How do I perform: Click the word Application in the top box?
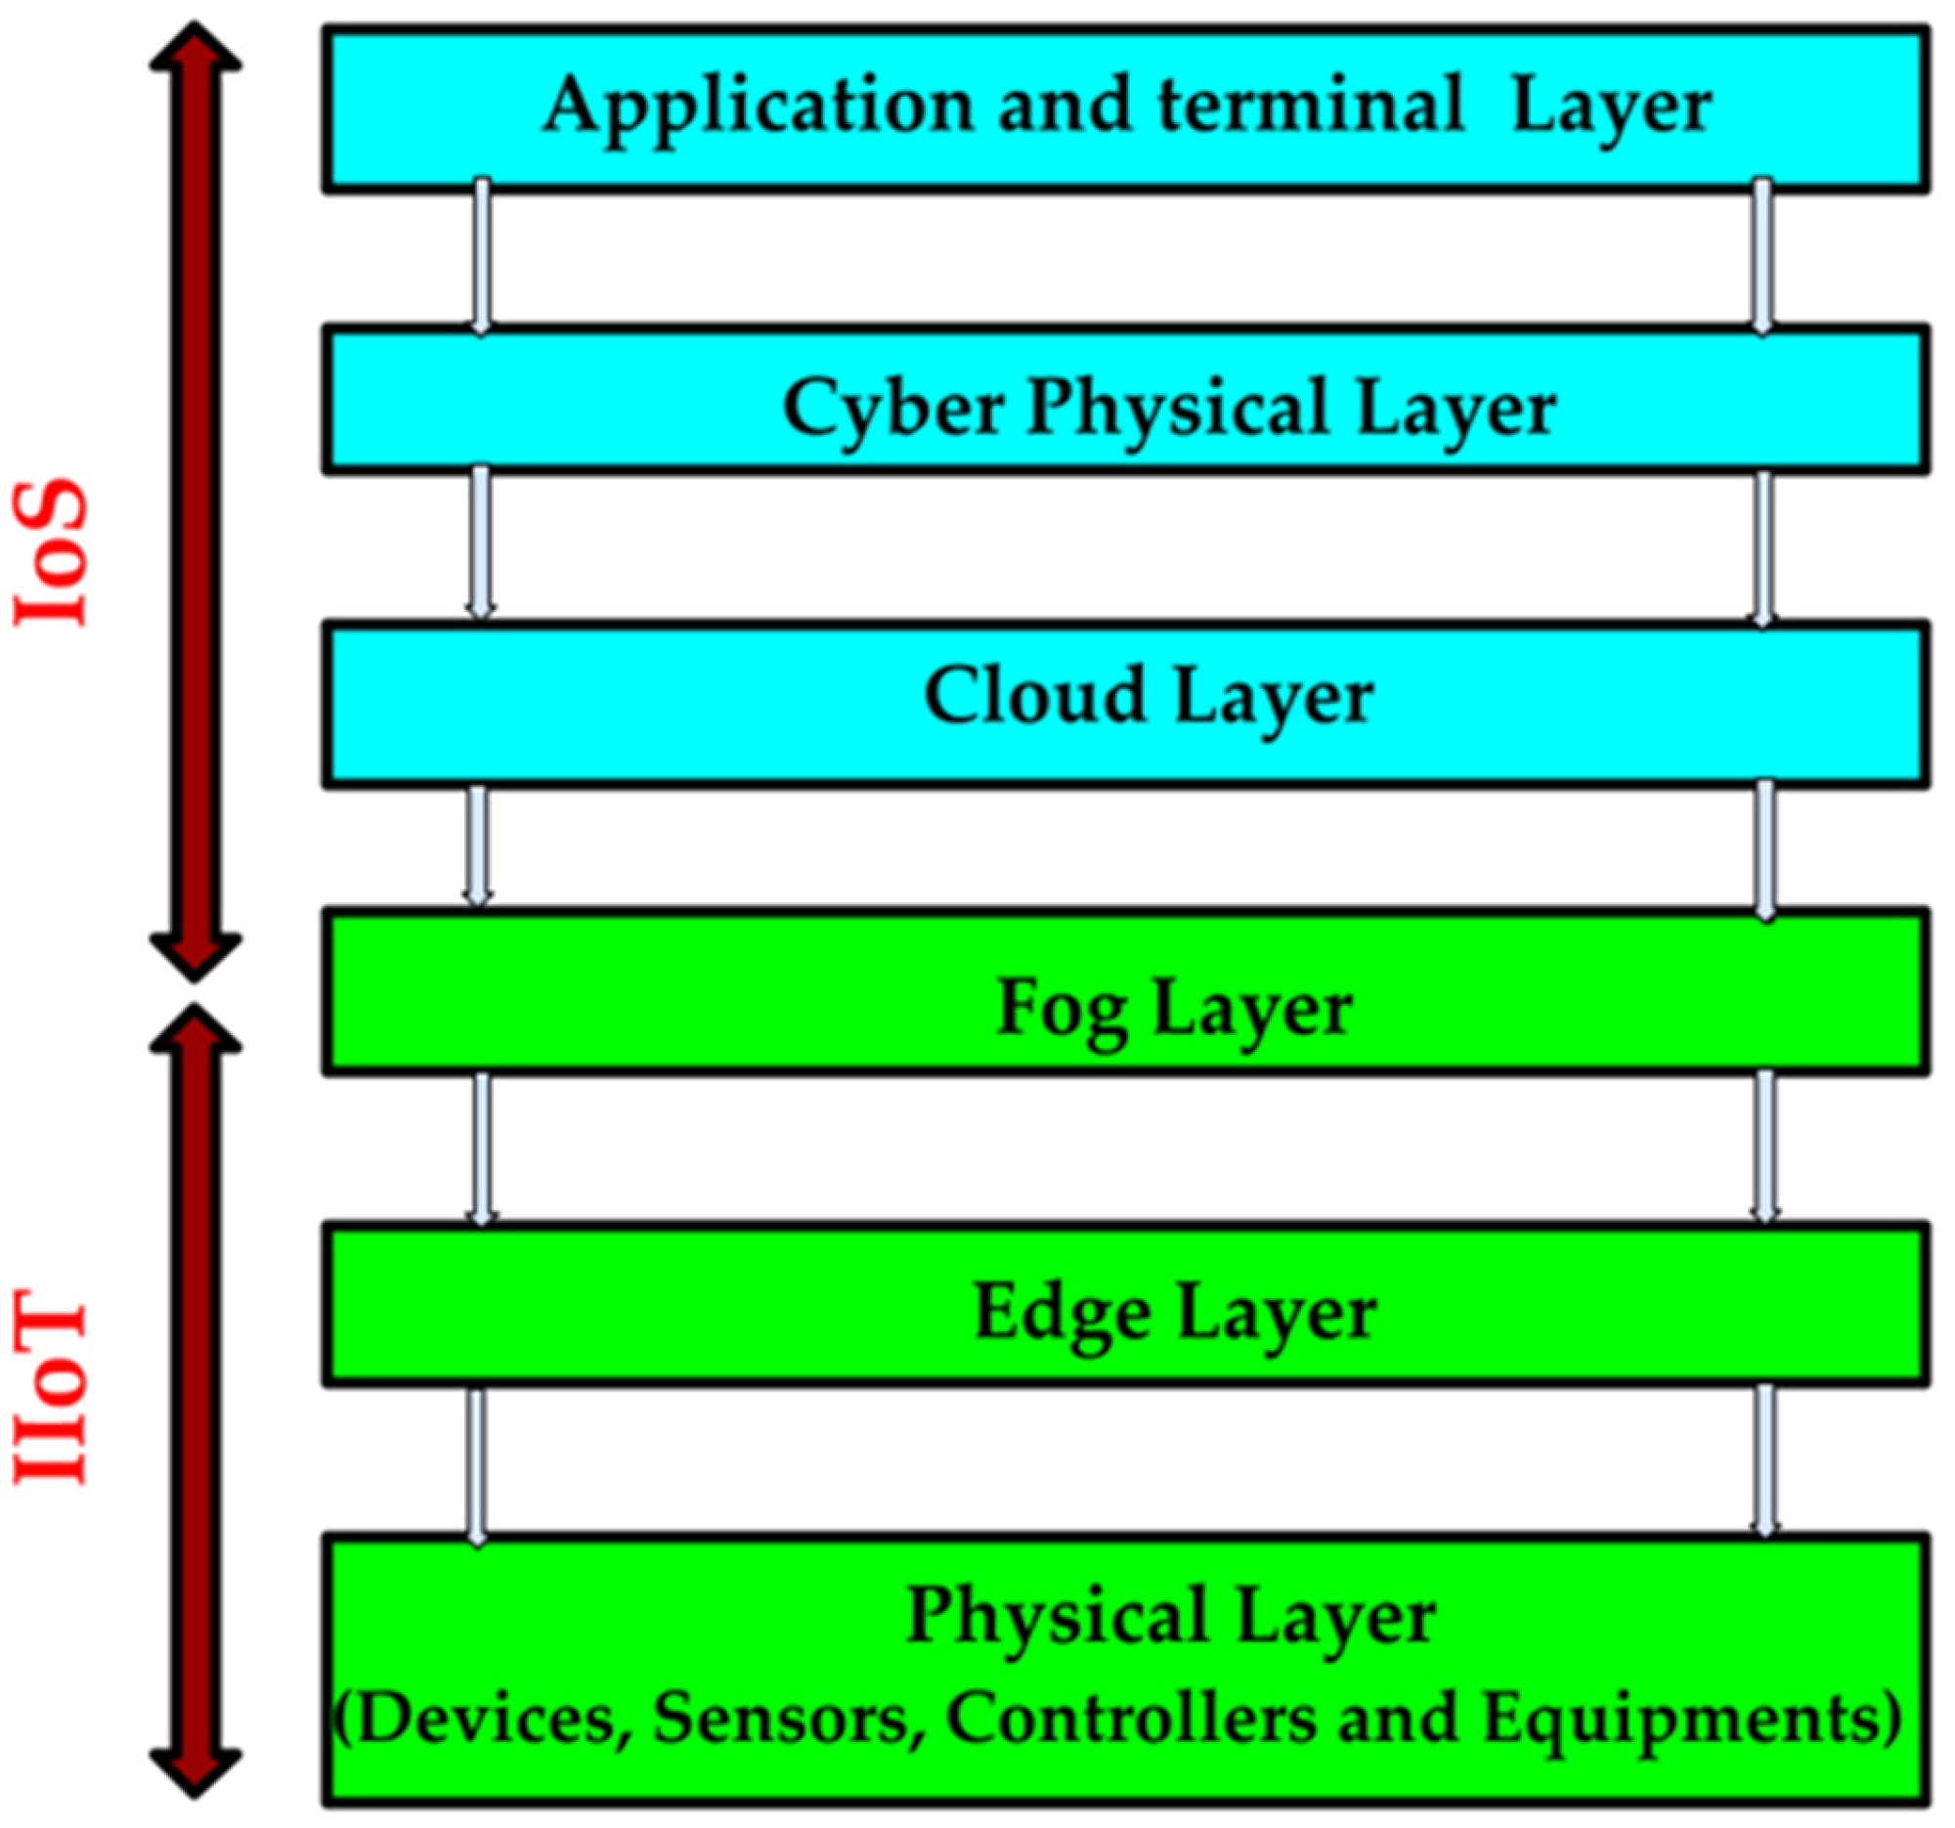click(x=759, y=107)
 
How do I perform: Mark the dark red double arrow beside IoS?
click(x=195, y=501)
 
